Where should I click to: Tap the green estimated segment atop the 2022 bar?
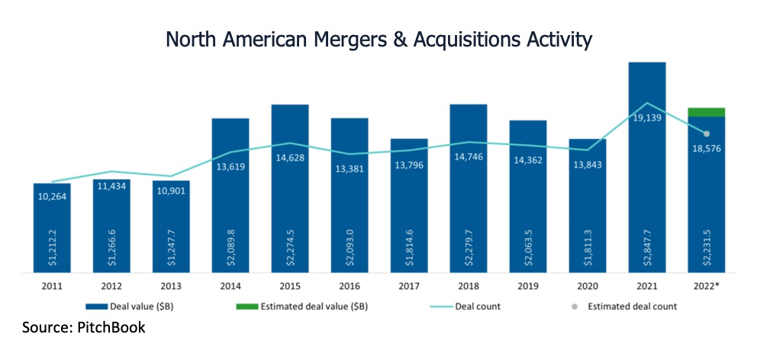706,112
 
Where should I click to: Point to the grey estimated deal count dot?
706,134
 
